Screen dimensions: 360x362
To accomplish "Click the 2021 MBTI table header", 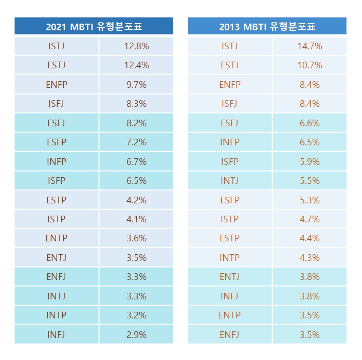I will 94,27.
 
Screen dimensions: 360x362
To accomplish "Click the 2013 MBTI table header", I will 267,27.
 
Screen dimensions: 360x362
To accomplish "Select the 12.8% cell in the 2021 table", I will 136,46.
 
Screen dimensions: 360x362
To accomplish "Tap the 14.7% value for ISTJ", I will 310,46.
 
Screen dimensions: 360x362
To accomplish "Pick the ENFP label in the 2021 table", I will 57,85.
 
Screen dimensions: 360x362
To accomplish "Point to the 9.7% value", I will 136,85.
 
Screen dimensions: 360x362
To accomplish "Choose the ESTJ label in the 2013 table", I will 230,65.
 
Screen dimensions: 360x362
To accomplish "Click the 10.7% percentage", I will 310,65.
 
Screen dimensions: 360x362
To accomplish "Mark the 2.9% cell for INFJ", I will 136,335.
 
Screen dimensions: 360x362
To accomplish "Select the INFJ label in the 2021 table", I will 57,335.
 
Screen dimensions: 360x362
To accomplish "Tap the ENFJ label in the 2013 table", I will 230,335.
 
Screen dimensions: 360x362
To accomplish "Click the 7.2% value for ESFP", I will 136,142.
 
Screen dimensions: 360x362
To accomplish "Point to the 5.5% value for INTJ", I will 310,181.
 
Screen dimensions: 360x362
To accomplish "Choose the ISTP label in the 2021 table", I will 57,219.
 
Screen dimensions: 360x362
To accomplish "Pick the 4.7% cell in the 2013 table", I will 310,219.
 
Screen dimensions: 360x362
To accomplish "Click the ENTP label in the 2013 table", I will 230,315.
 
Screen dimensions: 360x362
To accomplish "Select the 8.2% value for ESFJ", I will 136,123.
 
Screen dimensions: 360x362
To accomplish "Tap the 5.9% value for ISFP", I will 310,162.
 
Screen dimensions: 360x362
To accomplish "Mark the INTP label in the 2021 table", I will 57,315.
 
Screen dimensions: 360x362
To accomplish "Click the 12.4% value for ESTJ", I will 136,65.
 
